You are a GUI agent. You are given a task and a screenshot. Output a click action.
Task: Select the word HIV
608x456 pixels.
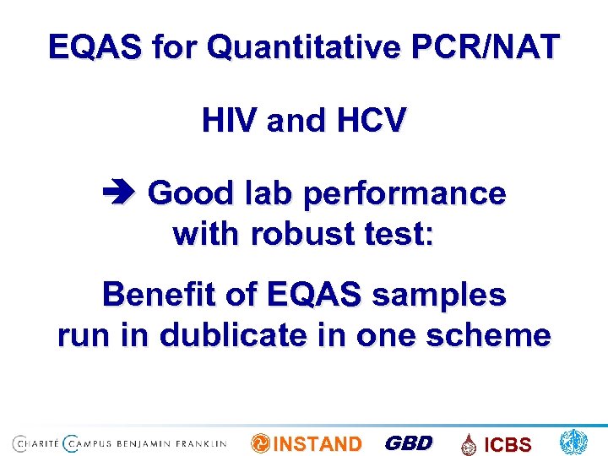pyautogui.click(x=230, y=122)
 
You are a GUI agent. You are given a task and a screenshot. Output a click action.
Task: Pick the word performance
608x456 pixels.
pyautogui.click(x=404, y=194)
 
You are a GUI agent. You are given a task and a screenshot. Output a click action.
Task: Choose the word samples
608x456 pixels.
pyautogui.click(x=438, y=296)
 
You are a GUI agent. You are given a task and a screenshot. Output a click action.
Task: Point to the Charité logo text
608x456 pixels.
pyautogui.click(x=37, y=442)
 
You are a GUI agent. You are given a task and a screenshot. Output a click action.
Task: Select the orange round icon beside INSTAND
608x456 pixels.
pyautogui.click(x=261, y=443)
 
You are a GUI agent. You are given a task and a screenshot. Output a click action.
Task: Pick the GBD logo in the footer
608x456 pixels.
pyautogui.click(x=408, y=443)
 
